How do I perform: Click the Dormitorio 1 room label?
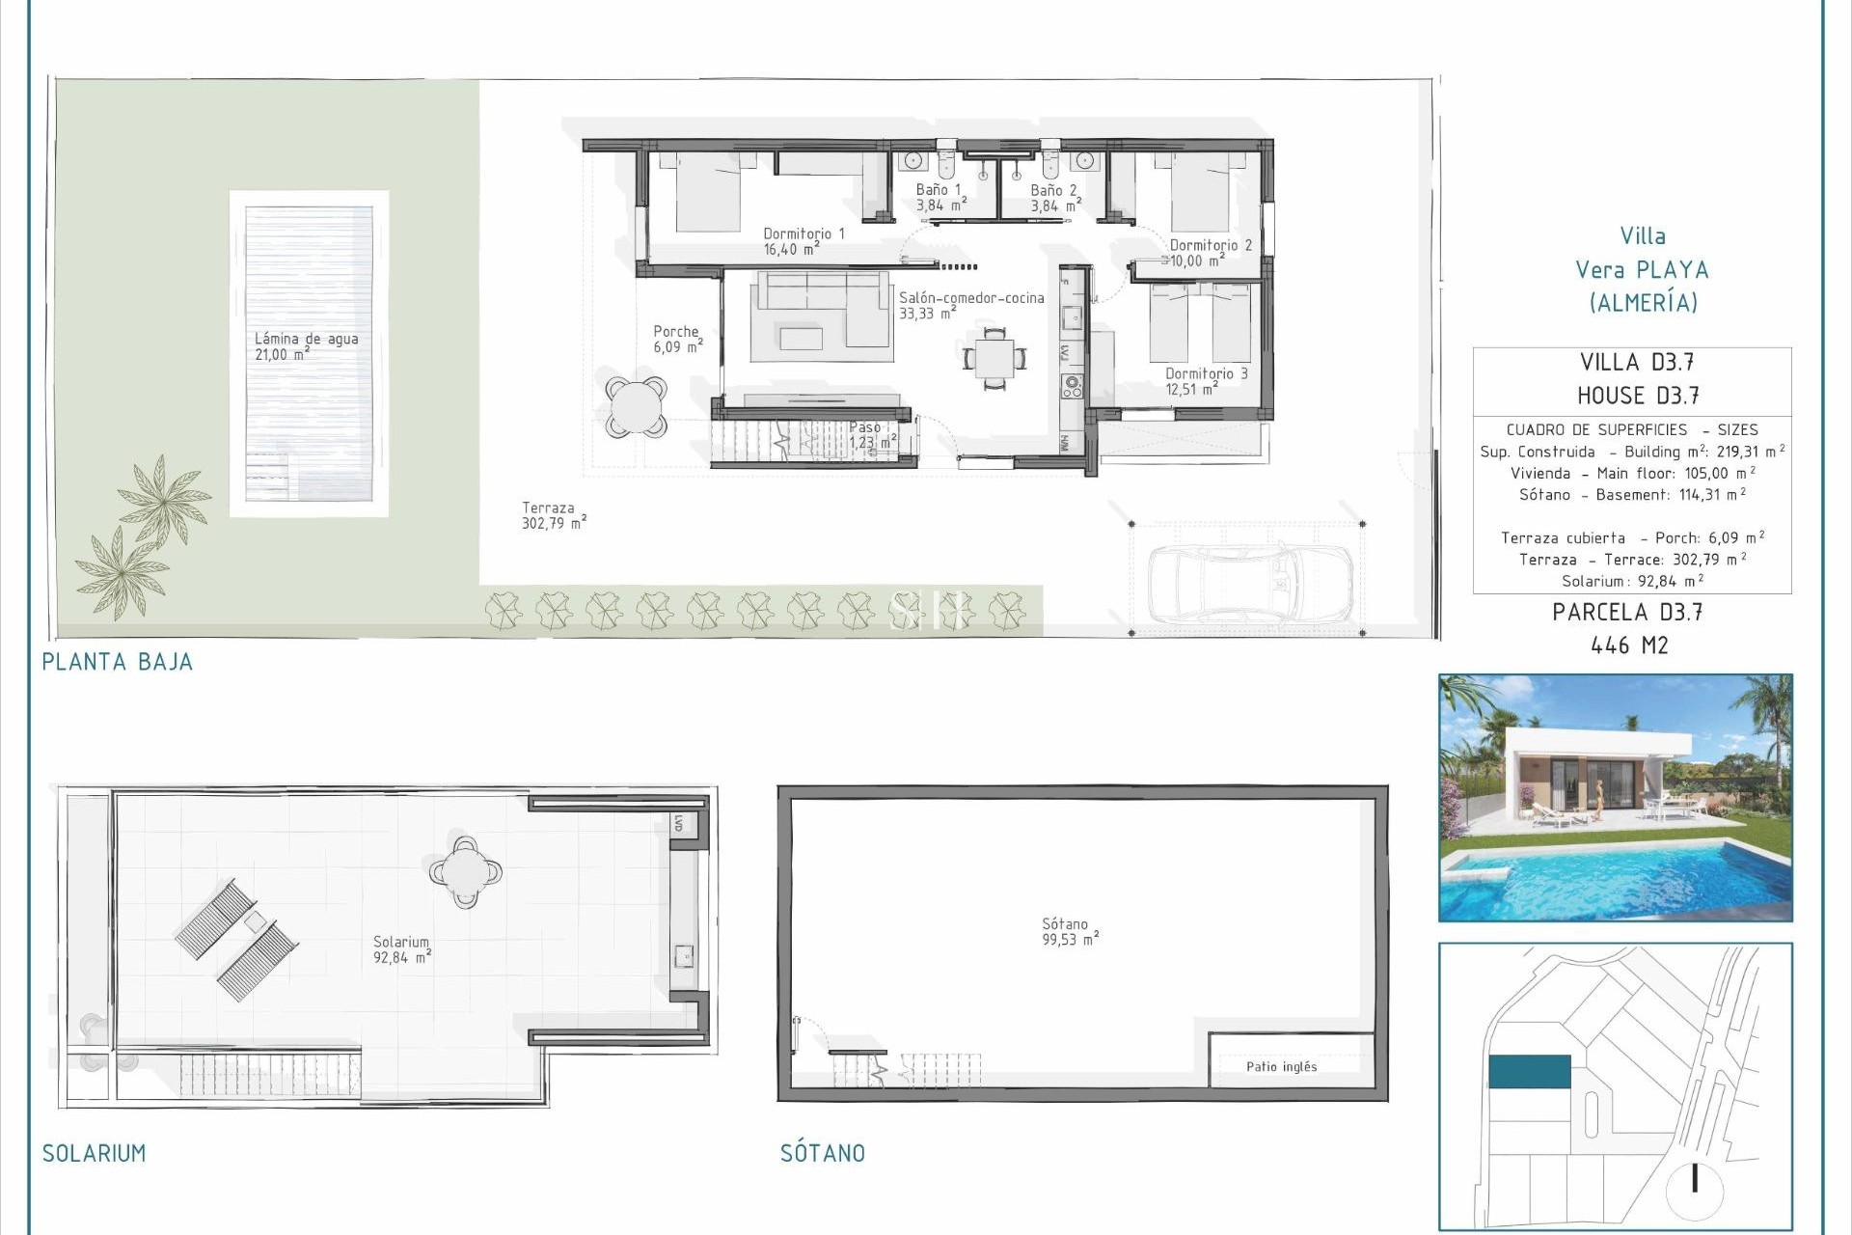pyautogui.click(x=803, y=241)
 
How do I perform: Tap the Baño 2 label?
pyautogui.click(x=1054, y=198)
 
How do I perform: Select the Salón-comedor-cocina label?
pyautogui.click(x=970, y=305)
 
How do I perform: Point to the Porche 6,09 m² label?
pyautogui.click(x=677, y=339)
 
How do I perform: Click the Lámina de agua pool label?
pyautogui.click(x=306, y=345)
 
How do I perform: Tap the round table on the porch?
pyautogui.click(x=637, y=406)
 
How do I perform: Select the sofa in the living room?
pyautogui.click(x=821, y=310)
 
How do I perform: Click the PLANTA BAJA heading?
pyautogui.click(x=117, y=662)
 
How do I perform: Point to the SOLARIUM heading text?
pyautogui.click(x=94, y=1153)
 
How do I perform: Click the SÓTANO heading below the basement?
pyautogui.click(x=822, y=1153)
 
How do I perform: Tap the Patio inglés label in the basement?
pyautogui.click(x=1281, y=1066)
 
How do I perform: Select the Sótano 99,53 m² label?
pyautogui.click(x=1069, y=931)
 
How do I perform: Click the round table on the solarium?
pyautogui.click(x=466, y=871)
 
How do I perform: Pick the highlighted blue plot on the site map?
pyautogui.click(x=1529, y=1071)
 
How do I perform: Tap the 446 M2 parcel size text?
pyautogui.click(x=1629, y=645)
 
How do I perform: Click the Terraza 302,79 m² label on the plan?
pyautogui.click(x=553, y=515)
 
